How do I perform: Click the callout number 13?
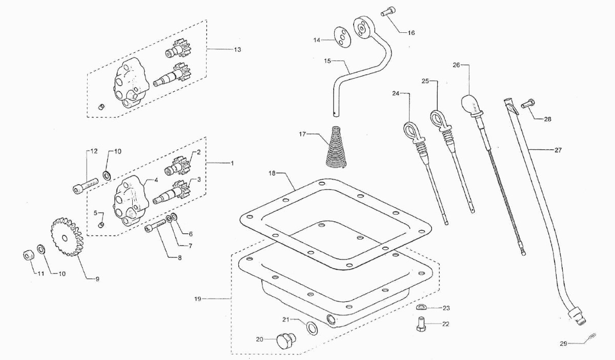point(237,49)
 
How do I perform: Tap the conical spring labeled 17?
point(336,148)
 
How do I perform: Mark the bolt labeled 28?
point(527,104)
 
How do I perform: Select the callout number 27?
point(558,150)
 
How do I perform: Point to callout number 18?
point(272,173)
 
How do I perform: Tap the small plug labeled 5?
point(102,224)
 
